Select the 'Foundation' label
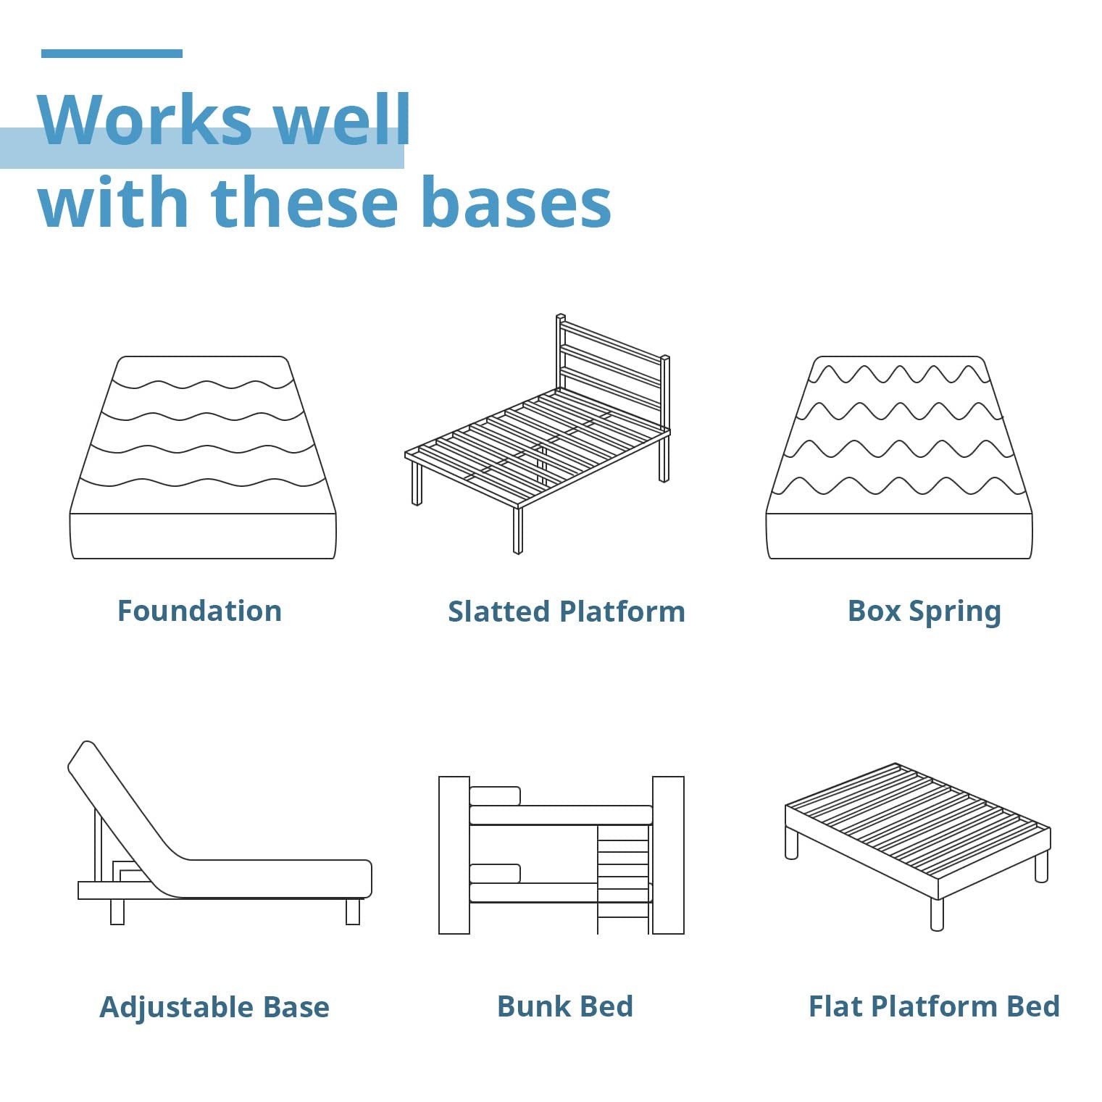[x=199, y=611]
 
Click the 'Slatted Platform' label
[x=567, y=611]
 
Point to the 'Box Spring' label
[x=924, y=612]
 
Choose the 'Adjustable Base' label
[x=214, y=1008]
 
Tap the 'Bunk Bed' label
[x=565, y=1006]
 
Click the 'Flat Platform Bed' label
[x=935, y=1006]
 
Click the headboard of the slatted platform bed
[x=612, y=370]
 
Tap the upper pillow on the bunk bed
[x=495, y=796]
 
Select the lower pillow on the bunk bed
[x=495, y=873]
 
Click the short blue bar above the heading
[x=112, y=54]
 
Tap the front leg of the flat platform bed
[x=937, y=914]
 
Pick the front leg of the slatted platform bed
[x=517, y=530]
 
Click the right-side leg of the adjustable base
[x=353, y=911]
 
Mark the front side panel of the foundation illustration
[x=203, y=536]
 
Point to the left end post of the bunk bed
[x=454, y=855]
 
